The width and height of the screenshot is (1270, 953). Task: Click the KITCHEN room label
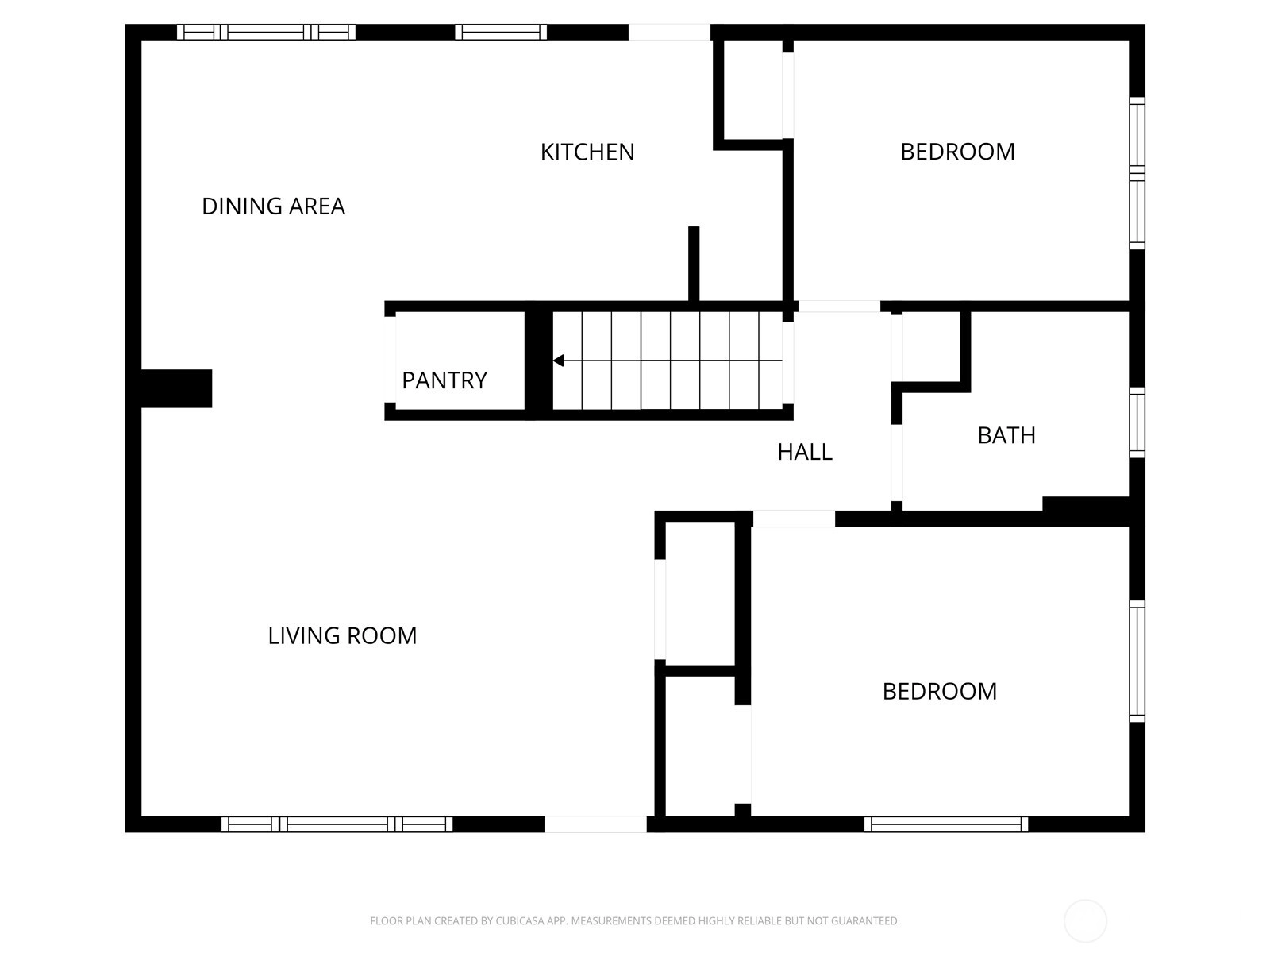click(x=587, y=152)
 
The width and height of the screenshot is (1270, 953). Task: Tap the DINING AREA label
click(x=273, y=206)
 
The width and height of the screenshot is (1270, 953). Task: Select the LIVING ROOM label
click(x=342, y=636)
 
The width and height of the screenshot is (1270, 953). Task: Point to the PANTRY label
click(x=444, y=380)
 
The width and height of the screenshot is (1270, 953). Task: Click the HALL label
click(x=805, y=452)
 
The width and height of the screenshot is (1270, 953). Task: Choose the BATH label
click(x=1006, y=436)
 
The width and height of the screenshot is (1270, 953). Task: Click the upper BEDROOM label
click(x=957, y=152)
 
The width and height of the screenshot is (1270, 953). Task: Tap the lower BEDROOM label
click(x=940, y=692)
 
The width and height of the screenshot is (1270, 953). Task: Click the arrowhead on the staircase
click(x=558, y=361)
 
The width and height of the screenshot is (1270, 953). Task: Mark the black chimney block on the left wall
click(x=176, y=388)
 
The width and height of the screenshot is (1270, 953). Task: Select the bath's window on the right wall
click(x=1137, y=422)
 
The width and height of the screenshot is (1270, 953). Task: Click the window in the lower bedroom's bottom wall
click(x=946, y=824)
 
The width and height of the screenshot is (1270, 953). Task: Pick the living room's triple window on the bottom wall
click(x=337, y=824)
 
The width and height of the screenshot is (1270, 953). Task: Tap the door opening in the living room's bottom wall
click(x=595, y=824)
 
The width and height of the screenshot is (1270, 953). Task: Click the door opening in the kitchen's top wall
click(x=669, y=32)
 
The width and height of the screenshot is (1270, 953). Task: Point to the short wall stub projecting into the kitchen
click(x=694, y=264)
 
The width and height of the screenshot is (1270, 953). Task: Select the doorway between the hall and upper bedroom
click(x=839, y=307)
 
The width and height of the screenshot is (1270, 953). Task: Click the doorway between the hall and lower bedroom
click(x=794, y=519)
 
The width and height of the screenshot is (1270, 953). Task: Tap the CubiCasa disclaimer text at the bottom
click(x=635, y=920)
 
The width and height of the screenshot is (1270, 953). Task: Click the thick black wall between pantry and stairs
click(x=539, y=361)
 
